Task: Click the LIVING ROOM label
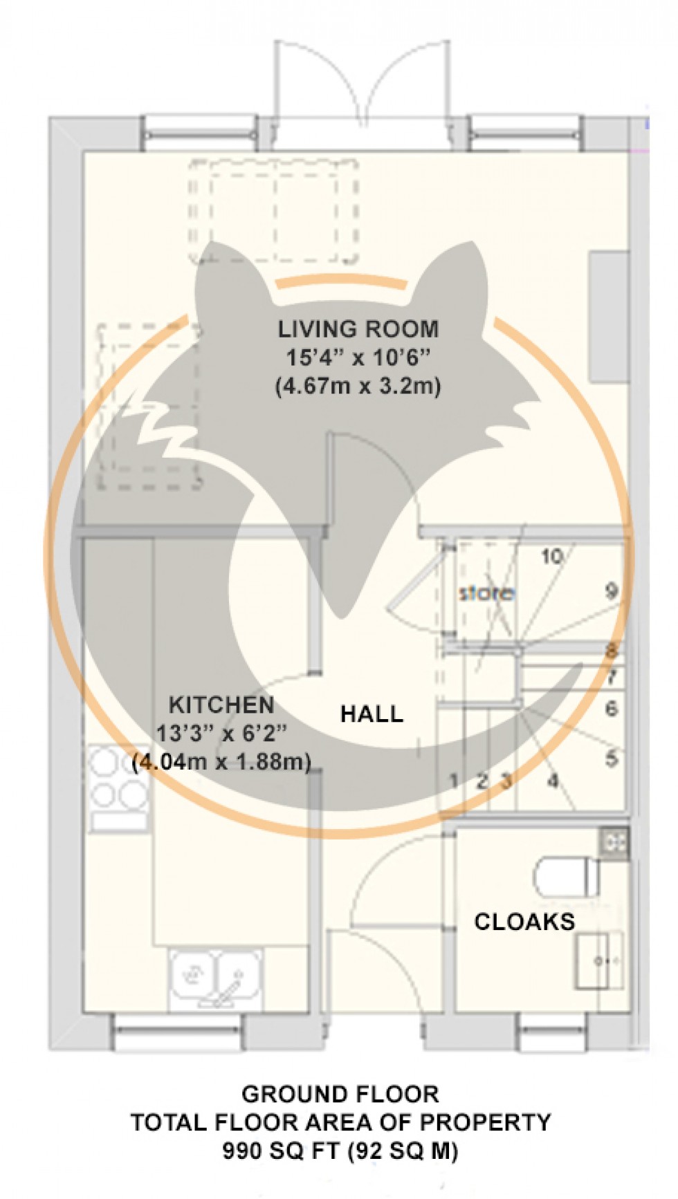pos(358,328)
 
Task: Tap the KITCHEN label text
pos(221,705)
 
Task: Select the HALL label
pos(372,714)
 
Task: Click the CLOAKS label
pos(524,921)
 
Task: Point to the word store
pos(487,593)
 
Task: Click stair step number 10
pos(551,556)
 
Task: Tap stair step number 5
pos(611,758)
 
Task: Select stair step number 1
pos(453,781)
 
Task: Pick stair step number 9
pos(611,591)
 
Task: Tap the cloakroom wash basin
pos(599,960)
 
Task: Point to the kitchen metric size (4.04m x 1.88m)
pos(221,762)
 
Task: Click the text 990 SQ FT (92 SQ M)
pos(339,1151)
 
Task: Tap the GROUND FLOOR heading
pos(339,1094)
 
